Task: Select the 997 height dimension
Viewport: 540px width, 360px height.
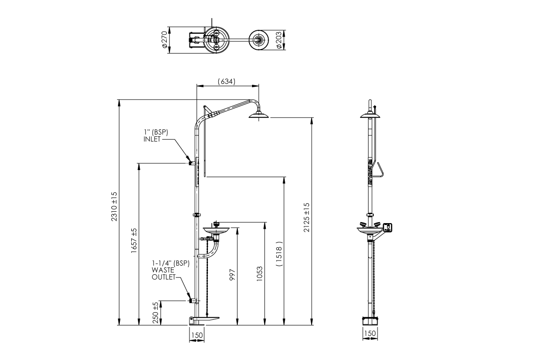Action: tap(232, 276)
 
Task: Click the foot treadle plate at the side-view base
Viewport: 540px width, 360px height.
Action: tap(208, 318)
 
